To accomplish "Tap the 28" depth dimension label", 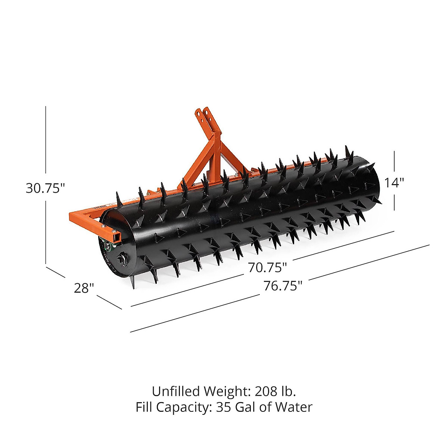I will [x=84, y=288].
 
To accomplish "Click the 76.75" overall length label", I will [x=283, y=286].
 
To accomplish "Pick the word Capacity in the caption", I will [x=185, y=407].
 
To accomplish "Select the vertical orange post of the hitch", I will [x=213, y=157].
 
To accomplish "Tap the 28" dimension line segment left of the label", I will [x=55, y=272].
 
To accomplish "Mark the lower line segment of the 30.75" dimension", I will [x=46, y=231].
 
